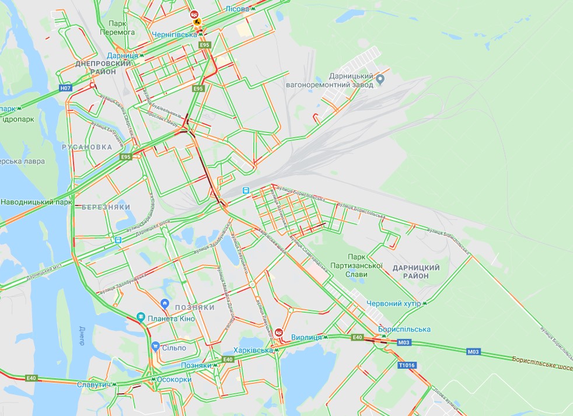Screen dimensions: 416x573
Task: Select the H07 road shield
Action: [x=65, y=88]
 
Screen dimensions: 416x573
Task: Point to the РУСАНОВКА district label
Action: [x=86, y=147]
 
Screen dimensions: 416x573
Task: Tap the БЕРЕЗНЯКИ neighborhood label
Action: [x=106, y=207]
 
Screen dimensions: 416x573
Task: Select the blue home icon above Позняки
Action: [x=165, y=303]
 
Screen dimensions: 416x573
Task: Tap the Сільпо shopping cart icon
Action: [x=155, y=347]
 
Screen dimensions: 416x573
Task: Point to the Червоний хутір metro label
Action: [x=393, y=303]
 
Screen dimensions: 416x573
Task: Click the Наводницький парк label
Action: [x=36, y=202]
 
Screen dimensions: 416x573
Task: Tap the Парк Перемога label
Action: [x=117, y=27]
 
